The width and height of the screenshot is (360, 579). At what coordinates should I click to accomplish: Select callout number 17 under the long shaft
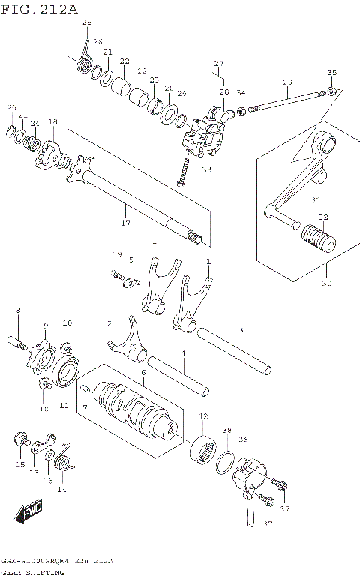pyautogui.click(x=125, y=223)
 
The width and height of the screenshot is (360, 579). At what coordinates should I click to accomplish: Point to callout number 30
pyautogui.click(x=326, y=283)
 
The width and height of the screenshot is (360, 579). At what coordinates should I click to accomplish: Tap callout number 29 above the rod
pyautogui.click(x=286, y=82)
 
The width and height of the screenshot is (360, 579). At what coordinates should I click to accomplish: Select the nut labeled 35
pyautogui.click(x=330, y=92)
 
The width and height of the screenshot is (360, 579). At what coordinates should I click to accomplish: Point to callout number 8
pyautogui.click(x=19, y=310)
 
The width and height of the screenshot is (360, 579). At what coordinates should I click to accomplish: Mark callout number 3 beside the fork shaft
pyautogui.click(x=241, y=331)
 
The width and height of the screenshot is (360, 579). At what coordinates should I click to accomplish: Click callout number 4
pyautogui.click(x=182, y=353)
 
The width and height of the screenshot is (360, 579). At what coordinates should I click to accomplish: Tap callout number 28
pyautogui.click(x=223, y=91)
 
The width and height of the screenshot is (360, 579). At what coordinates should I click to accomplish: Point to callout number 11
pyautogui.click(x=64, y=406)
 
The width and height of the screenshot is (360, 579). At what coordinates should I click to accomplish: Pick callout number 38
pyautogui.click(x=226, y=430)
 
